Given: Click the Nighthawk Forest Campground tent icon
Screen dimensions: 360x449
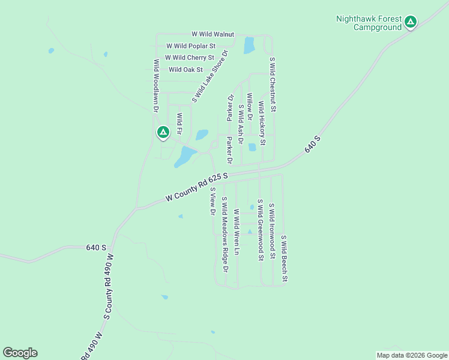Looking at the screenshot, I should tap(411, 23).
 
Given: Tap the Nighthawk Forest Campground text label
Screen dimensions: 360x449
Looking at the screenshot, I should tap(369, 23).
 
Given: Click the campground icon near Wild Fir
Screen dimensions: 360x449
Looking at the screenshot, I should tap(162, 132).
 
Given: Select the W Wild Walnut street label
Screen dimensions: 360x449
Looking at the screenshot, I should tap(212, 35).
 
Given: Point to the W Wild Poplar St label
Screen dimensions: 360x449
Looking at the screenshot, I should tap(190, 46).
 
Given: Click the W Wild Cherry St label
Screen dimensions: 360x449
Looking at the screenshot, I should tap(190, 58).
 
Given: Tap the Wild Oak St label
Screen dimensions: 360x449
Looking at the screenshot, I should tap(186, 70).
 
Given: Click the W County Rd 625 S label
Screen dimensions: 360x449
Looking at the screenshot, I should tap(197, 187).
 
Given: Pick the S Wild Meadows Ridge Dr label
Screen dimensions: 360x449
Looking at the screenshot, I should tap(224, 235).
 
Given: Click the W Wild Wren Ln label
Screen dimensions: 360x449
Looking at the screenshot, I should tap(237, 232).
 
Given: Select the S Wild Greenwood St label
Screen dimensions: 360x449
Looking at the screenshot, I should tap(260, 230).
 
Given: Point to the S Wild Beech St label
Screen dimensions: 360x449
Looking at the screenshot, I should tap(285, 259).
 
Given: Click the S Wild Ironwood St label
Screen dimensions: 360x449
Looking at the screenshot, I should tap(272, 230).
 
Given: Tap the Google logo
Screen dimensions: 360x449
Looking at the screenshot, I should tap(20, 353).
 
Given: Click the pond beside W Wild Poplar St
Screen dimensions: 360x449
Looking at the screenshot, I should tap(249, 44).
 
